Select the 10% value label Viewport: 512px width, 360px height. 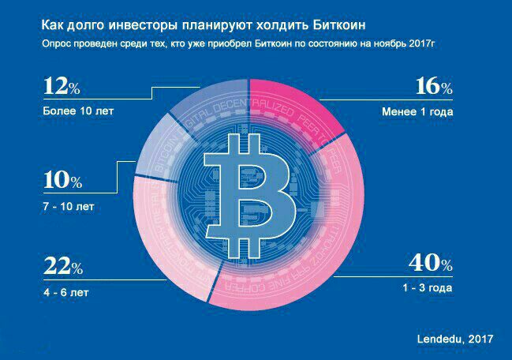[62, 181]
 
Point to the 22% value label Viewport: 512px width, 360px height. [62, 268]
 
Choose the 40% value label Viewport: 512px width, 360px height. [430, 264]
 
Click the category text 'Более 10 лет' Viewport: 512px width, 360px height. [79, 111]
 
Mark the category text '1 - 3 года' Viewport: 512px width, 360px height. [425, 287]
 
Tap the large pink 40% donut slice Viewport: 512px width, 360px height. [331, 253]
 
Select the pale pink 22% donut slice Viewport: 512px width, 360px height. [170, 245]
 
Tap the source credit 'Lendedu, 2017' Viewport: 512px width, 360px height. [455, 339]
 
